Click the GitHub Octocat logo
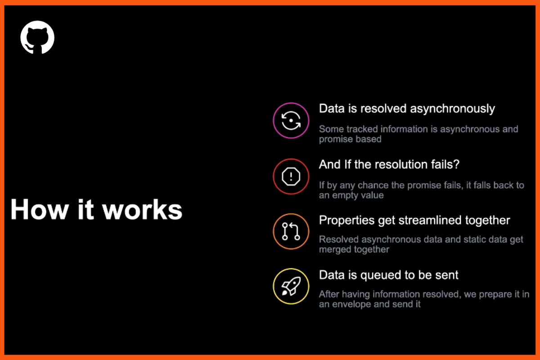coord(37,37)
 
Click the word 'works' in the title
coord(142,210)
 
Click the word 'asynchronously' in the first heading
coord(453,109)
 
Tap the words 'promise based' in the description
coord(350,139)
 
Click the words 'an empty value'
coord(351,195)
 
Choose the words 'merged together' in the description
coord(354,249)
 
